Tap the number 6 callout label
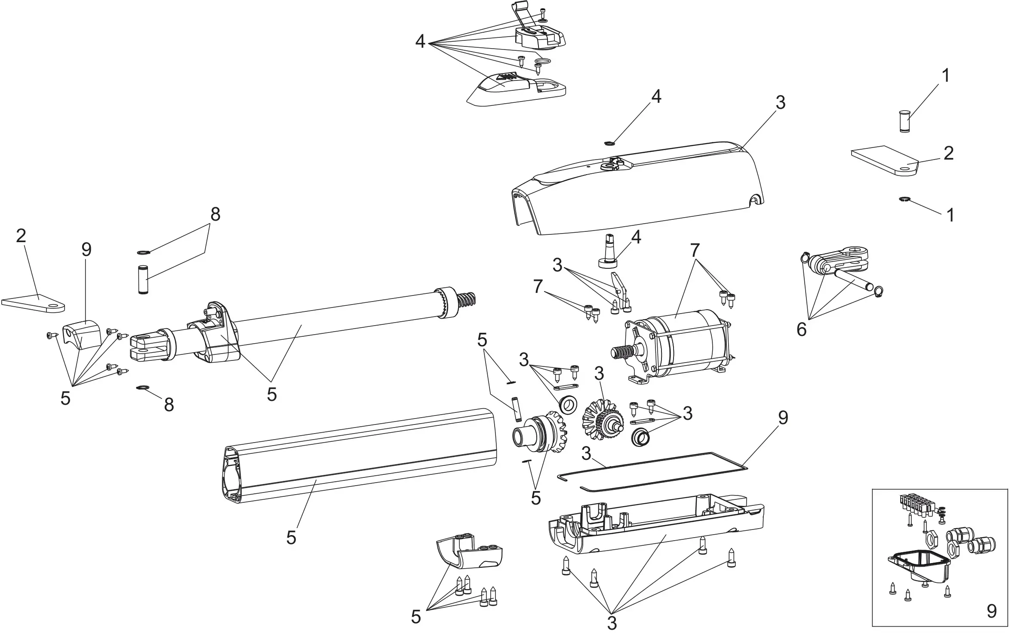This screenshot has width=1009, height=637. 801,330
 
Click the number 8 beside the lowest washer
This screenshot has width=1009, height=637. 169,404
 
